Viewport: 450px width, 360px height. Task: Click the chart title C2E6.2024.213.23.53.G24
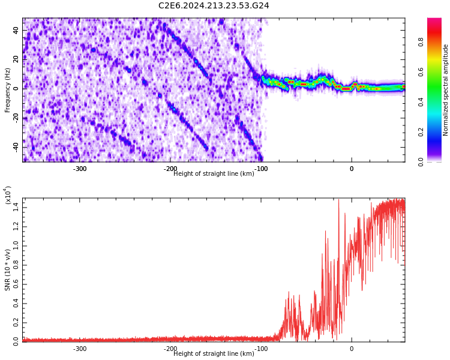tap(214, 5)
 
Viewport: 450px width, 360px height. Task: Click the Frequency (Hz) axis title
tap(7, 90)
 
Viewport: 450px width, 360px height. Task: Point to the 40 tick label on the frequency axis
tap(16, 30)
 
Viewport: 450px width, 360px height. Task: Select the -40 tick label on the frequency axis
tap(16, 147)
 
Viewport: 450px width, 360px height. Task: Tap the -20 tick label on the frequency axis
tap(16, 118)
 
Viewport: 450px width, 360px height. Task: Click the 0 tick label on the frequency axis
tap(16, 89)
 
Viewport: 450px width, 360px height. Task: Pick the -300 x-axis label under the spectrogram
tap(80, 169)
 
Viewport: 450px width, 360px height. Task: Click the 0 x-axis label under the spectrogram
tap(352, 169)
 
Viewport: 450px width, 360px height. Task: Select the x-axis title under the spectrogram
tap(214, 173)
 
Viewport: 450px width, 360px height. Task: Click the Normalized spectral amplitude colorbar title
tap(445, 90)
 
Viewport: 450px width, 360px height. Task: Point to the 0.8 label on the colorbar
tap(421, 42)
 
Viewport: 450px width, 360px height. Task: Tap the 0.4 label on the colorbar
tap(421, 102)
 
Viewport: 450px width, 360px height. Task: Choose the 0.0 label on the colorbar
tap(421, 162)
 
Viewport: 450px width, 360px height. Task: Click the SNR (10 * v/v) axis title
tap(7, 270)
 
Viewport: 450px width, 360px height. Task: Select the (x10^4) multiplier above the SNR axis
tap(8, 195)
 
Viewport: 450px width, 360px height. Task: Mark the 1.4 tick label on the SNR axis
tap(16, 208)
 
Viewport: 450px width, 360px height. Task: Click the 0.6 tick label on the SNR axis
tap(16, 284)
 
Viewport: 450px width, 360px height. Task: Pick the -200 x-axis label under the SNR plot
tap(170, 349)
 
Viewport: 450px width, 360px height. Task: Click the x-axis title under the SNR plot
tap(214, 353)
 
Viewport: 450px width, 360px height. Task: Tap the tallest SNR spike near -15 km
tap(338, 200)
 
